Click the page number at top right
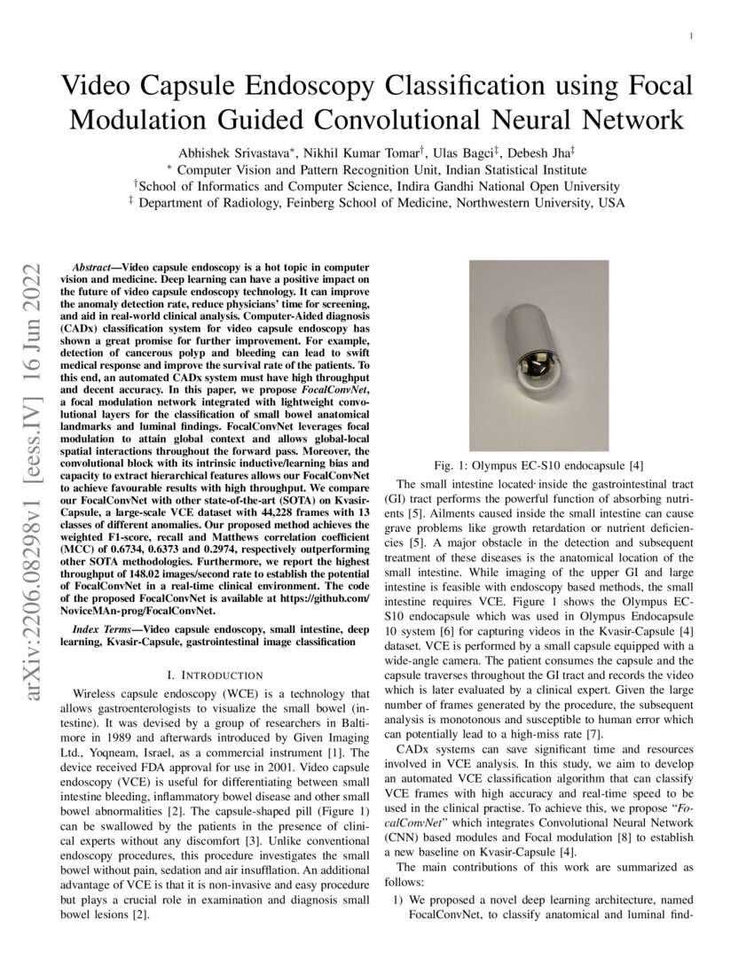click(x=690, y=36)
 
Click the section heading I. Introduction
click(x=215, y=675)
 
